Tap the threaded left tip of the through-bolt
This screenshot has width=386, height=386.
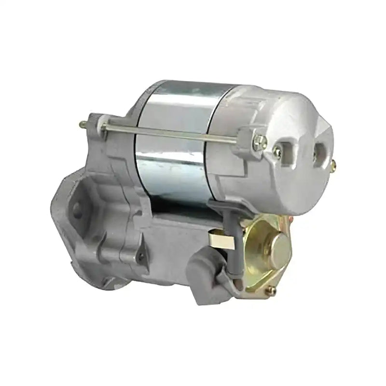(83, 124)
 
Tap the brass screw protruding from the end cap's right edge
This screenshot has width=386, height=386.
(335, 164)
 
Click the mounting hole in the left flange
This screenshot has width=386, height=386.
(76, 208)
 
